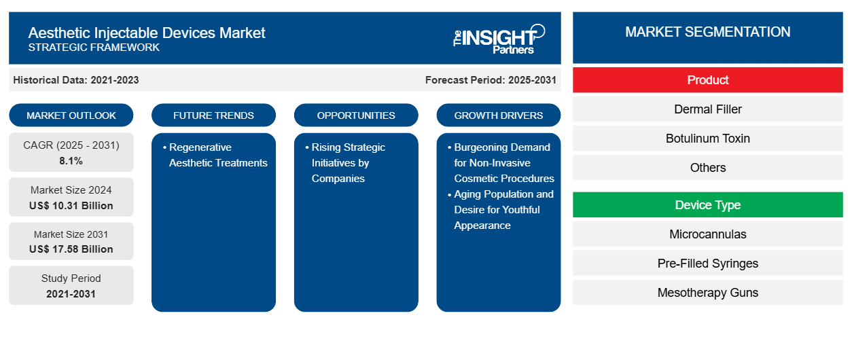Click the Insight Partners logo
coord(499,38)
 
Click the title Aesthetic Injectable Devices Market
coord(147,32)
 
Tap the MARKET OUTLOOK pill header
coord(71,115)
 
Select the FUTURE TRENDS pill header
coord(213,115)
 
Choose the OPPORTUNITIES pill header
coord(356,115)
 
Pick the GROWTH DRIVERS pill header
coord(499,115)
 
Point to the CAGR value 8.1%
coord(71,161)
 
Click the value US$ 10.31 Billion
coord(71,205)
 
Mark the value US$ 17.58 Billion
coord(71,249)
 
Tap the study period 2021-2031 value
coord(71,293)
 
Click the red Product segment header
coord(707,80)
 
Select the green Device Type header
coord(707,205)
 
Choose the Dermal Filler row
coord(707,109)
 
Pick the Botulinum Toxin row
coord(707,139)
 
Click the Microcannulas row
coord(707,234)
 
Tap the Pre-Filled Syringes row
coord(707,264)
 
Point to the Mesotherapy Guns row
coord(707,293)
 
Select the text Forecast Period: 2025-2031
coord(491,80)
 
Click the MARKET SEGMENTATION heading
coord(707,32)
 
